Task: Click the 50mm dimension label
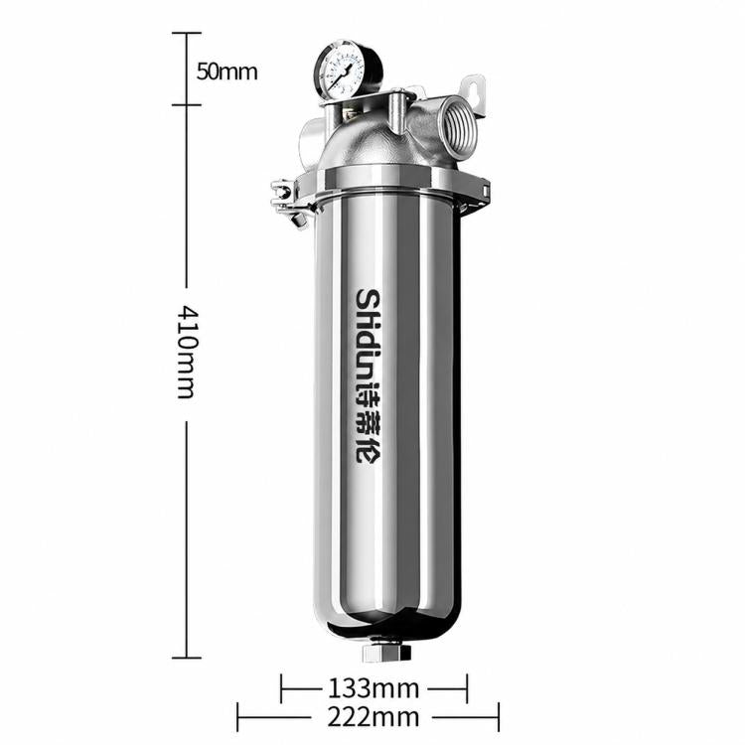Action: tap(227, 72)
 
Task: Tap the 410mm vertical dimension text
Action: tap(186, 352)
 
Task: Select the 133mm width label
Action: tap(373, 688)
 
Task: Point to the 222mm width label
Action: tap(373, 717)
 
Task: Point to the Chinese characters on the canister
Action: tap(369, 424)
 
